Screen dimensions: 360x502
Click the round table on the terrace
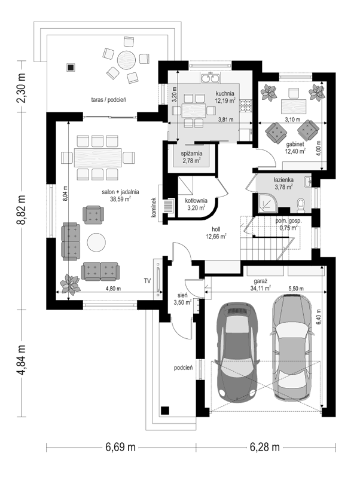pos(126,60)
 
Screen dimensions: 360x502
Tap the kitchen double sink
pos(210,78)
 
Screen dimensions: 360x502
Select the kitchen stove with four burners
pos(245,105)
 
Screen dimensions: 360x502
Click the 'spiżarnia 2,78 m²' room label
pos(191,157)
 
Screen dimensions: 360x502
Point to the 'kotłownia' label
pos(196,200)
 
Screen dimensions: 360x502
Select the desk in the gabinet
pos(294,106)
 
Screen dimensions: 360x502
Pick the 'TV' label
pos(147,281)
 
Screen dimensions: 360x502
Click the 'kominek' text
pos(154,207)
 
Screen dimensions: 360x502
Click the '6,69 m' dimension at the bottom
pos(121,447)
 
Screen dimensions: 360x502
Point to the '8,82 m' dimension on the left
pos(22,209)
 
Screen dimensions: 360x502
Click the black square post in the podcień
pos(165,411)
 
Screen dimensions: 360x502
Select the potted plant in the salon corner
pos(70,284)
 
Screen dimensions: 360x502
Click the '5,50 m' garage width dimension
pos(296,289)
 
